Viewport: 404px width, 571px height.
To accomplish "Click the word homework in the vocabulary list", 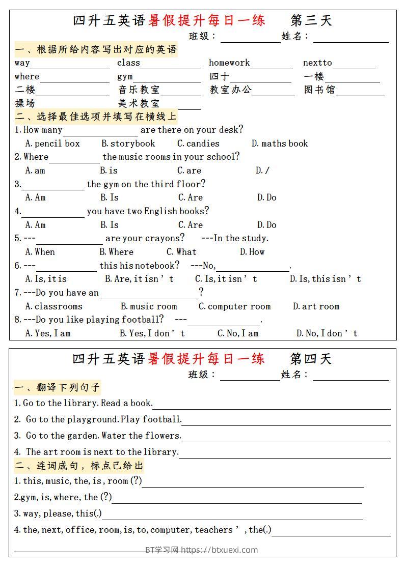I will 229,63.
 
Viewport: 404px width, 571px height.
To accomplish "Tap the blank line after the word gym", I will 167,78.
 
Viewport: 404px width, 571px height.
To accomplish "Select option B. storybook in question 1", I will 128,144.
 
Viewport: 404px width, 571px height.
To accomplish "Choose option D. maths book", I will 280,144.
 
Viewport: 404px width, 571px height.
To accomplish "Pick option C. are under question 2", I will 189,170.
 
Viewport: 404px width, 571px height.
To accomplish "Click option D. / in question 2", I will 262,170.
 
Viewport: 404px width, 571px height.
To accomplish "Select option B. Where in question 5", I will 116,252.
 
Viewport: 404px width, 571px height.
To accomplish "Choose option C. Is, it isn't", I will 226,279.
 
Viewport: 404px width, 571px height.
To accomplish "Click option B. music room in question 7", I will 149,306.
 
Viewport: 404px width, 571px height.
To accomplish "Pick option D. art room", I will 316,306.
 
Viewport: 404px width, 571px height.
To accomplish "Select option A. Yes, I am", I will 48,333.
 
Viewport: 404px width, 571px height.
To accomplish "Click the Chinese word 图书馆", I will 319,90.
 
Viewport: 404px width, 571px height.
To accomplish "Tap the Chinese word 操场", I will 25,103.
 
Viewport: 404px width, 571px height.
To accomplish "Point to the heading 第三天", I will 311,20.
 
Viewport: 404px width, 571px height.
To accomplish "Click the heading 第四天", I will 311,359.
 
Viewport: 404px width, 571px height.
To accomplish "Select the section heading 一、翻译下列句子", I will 57,388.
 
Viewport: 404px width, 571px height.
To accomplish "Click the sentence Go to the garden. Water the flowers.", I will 103,436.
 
